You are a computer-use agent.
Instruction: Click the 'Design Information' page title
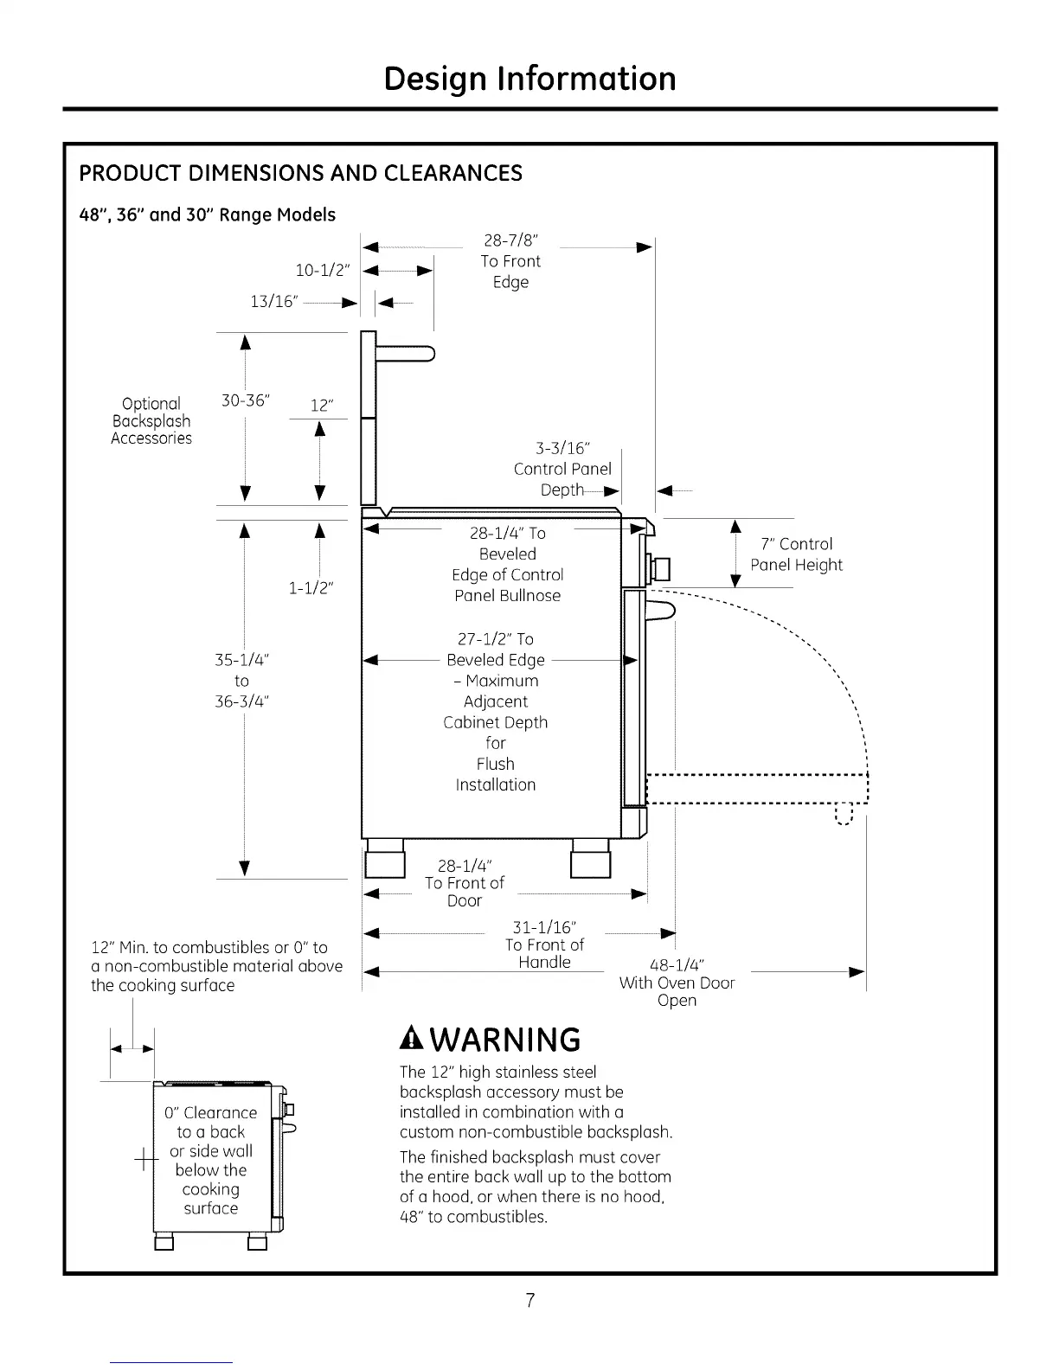pyautogui.click(x=529, y=78)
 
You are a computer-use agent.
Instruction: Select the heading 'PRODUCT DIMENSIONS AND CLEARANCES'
pyautogui.click(x=300, y=173)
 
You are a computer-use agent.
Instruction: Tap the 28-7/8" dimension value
pyautogui.click(x=510, y=240)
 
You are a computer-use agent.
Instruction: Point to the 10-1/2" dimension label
pyautogui.click(x=323, y=270)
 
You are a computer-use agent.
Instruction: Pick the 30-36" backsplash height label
pyautogui.click(x=246, y=400)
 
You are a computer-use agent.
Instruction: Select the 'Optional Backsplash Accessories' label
pyautogui.click(x=151, y=421)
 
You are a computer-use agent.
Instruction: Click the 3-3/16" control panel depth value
pyautogui.click(x=562, y=448)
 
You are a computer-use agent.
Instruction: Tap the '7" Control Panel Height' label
pyautogui.click(x=796, y=554)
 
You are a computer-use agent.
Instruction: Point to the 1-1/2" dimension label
pyautogui.click(x=311, y=588)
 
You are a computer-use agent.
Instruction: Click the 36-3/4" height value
pyautogui.click(x=242, y=701)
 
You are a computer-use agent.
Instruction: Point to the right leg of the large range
pyautogui.click(x=591, y=860)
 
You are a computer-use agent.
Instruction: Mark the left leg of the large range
pyautogui.click(x=385, y=860)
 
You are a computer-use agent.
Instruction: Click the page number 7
pyautogui.click(x=529, y=1300)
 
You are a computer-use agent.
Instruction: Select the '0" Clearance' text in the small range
pyautogui.click(x=210, y=1113)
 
